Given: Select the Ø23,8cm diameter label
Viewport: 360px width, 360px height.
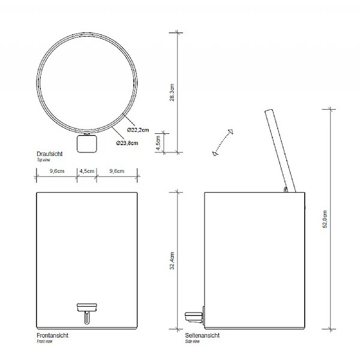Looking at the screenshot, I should (x=127, y=143).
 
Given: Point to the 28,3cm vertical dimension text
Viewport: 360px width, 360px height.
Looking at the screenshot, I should (x=172, y=94).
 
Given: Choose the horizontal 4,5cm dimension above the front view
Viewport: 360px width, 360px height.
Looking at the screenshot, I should (x=88, y=171).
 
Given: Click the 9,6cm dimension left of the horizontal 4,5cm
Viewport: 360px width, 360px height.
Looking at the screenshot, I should (x=58, y=171).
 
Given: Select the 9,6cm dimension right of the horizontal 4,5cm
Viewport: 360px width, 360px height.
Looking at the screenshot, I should (x=117, y=171).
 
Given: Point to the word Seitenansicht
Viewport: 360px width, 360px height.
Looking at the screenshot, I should (x=202, y=335).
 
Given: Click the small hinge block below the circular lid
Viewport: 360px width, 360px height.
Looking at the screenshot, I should (x=88, y=144).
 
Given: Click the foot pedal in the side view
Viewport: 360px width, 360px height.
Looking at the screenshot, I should (x=194, y=313).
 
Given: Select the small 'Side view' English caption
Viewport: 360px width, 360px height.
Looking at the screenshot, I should (x=194, y=340).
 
